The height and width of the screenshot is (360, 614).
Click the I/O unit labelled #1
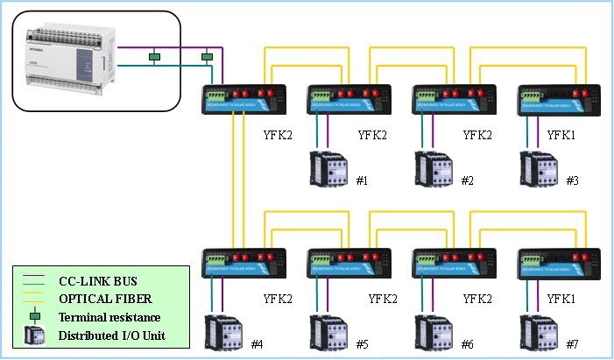(328, 168)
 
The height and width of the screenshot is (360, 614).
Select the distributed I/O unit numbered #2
(434, 168)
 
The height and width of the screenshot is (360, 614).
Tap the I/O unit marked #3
(539, 168)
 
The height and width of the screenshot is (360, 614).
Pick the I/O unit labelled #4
(222, 331)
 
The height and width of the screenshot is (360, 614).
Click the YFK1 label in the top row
(561, 135)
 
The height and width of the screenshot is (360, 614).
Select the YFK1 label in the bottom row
(561, 299)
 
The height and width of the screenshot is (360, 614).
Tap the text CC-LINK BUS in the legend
(95, 281)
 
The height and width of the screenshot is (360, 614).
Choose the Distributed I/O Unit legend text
(111, 335)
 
